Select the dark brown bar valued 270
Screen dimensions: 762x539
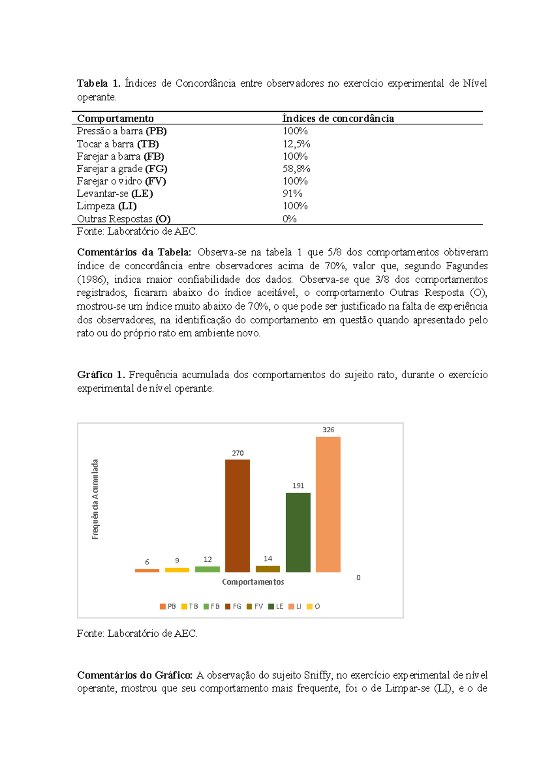(x=237, y=516)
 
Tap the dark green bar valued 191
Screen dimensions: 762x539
(x=298, y=532)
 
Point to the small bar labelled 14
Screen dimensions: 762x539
(x=268, y=569)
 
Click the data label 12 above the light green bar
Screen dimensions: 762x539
(x=208, y=559)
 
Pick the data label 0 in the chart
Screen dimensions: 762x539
(x=358, y=578)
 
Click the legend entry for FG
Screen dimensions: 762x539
(x=234, y=606)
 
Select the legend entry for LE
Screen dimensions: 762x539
(x=276, y=606)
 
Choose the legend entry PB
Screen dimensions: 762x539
(x=168, y=606)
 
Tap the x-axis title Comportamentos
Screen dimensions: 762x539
(x=253, y=582)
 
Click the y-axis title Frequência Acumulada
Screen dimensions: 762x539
(x=95, y=499)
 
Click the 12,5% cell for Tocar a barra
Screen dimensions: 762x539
(x=296, y=144)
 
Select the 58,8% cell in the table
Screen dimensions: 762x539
(x=296, y=169)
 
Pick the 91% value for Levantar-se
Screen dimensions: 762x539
(x=292, y=193)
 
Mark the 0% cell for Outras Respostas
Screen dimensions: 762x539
(x=289, y=219)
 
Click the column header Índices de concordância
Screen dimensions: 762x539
(x=338, y=118)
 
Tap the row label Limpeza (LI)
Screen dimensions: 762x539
(x=106, y=206)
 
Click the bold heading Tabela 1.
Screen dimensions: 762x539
(x=98, y=83)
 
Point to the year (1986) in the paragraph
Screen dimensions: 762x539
(x=93, y=279)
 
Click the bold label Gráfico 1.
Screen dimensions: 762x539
(x=101, y=375)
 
